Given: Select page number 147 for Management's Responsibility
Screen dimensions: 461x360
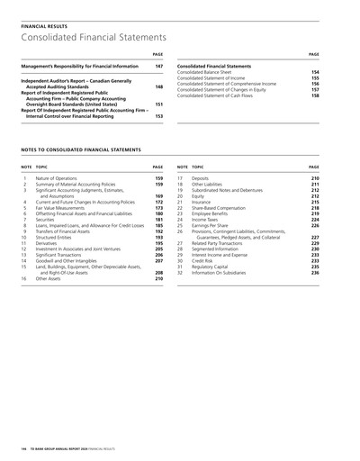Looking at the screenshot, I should click(158, 67).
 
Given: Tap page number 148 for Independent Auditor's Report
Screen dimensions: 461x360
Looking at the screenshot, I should click(158, 86).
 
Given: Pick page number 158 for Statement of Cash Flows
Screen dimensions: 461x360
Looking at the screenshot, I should click(315, 95).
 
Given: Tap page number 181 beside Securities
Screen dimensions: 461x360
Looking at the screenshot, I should click(158, 220).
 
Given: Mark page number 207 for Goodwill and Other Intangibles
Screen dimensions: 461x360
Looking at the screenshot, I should click(158, 260).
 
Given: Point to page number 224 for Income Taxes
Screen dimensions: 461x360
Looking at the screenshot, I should click(315, 220).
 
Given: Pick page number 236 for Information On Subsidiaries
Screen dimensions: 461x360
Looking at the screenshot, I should click(315, 272).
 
